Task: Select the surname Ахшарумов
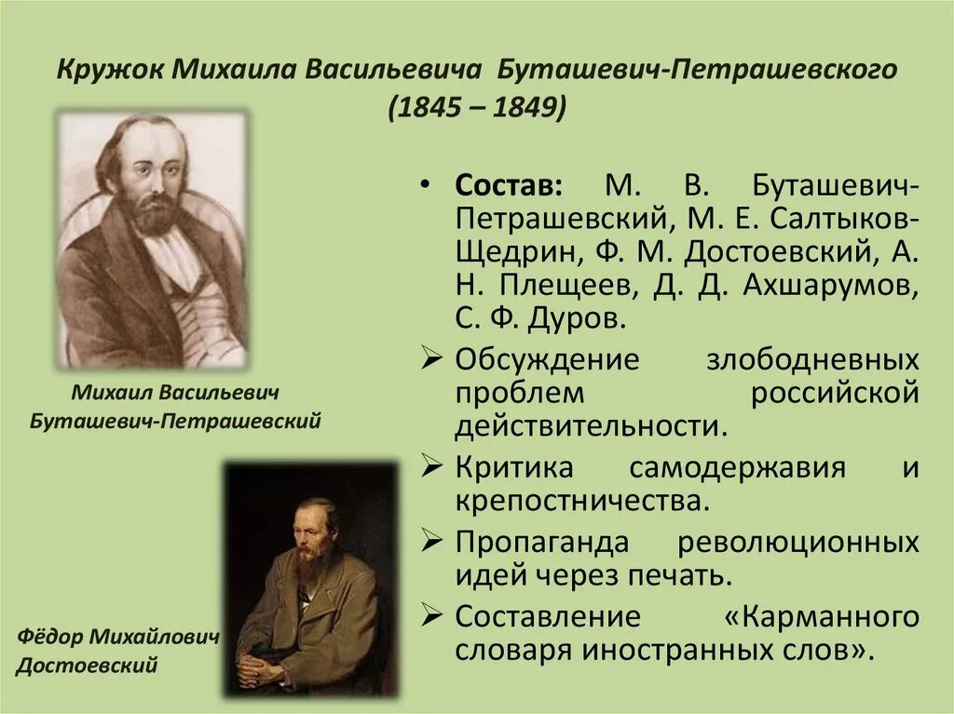coord(831,286)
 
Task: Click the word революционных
coord(799,541)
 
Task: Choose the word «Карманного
coord(820,615)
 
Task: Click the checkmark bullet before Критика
coord(430,465)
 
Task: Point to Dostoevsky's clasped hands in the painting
coord(260,664)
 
